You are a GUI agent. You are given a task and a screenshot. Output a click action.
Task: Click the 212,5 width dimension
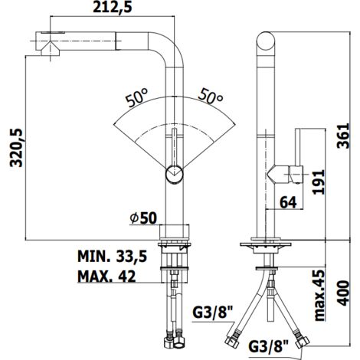tap(113, 8)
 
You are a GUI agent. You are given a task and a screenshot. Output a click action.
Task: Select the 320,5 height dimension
tap(16, 148)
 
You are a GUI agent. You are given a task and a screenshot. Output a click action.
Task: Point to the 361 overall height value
tap(342, 136)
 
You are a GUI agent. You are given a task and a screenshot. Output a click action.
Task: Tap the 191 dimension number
tap(319, 182)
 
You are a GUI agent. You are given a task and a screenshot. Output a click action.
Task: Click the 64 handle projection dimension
tap(288, 202)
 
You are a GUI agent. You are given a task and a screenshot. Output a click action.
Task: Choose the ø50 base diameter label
tap(143, 218)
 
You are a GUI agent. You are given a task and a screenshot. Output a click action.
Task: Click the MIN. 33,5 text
tap(113, 256)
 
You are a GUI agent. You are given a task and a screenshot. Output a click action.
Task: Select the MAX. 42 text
tap(106, 277)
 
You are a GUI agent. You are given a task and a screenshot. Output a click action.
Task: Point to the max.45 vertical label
tap(319, 295)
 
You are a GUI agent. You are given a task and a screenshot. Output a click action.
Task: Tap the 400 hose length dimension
tap(343, 293)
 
